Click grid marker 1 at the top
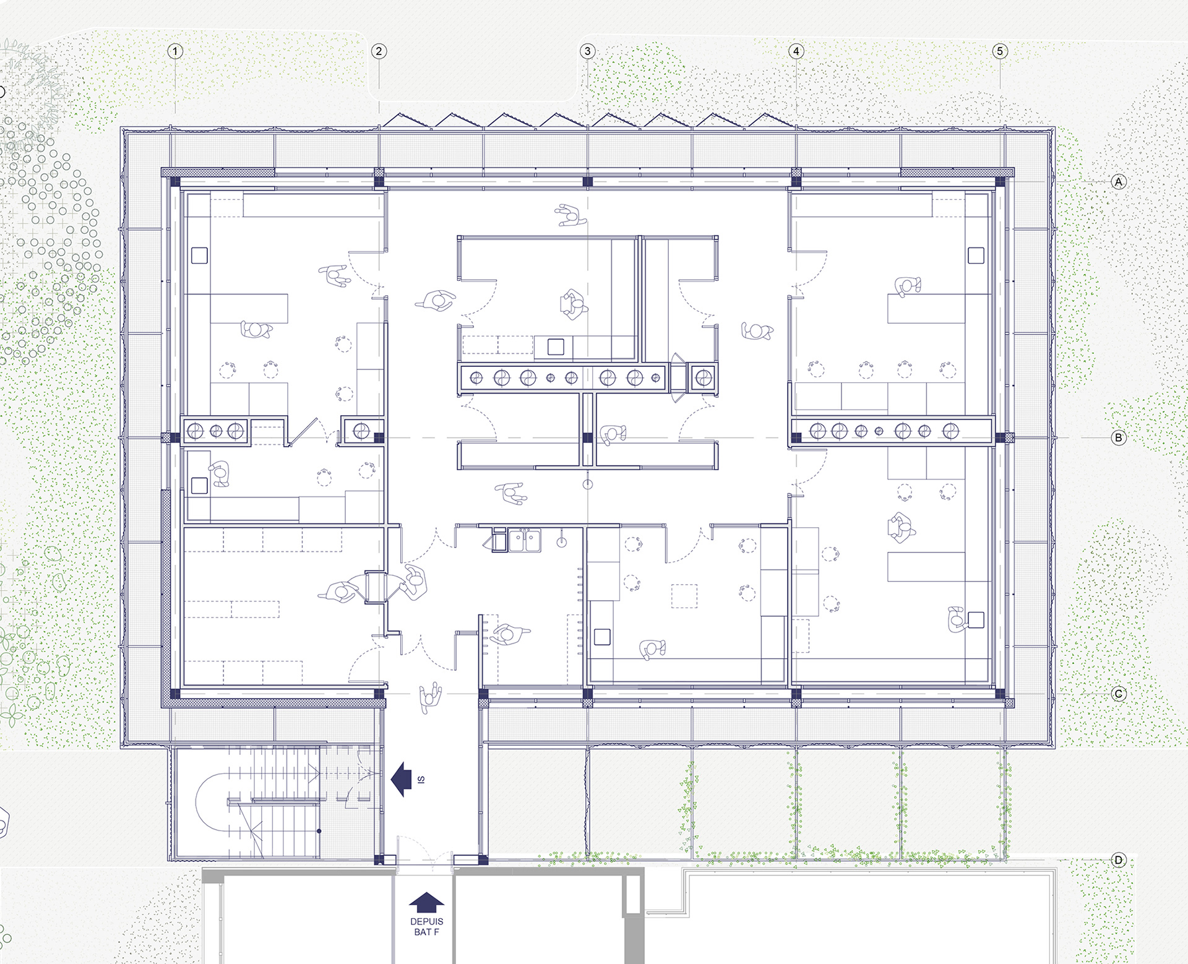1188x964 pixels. (175, 51)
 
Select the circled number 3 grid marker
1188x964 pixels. (587, 51)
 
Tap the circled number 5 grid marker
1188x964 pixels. (1000, 51)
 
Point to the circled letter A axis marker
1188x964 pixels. (1118, 182)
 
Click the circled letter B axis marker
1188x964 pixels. (1118, 438)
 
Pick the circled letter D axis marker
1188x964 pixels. (1118, 860)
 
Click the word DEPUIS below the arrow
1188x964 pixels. (427, 922)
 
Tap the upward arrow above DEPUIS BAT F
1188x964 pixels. (427, 903)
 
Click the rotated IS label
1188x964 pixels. (421, 780)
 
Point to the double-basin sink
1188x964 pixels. (525, 540)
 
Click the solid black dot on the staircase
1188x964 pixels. (319, 831)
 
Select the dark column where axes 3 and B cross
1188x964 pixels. (587, 438)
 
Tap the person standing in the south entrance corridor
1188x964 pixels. (431, 697)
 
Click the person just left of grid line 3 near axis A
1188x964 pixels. (570, 215)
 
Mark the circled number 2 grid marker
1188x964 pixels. (379, 51)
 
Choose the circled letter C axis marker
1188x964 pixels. (1118, 694)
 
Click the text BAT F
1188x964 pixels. (427, 932)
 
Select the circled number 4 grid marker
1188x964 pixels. (796, 51)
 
